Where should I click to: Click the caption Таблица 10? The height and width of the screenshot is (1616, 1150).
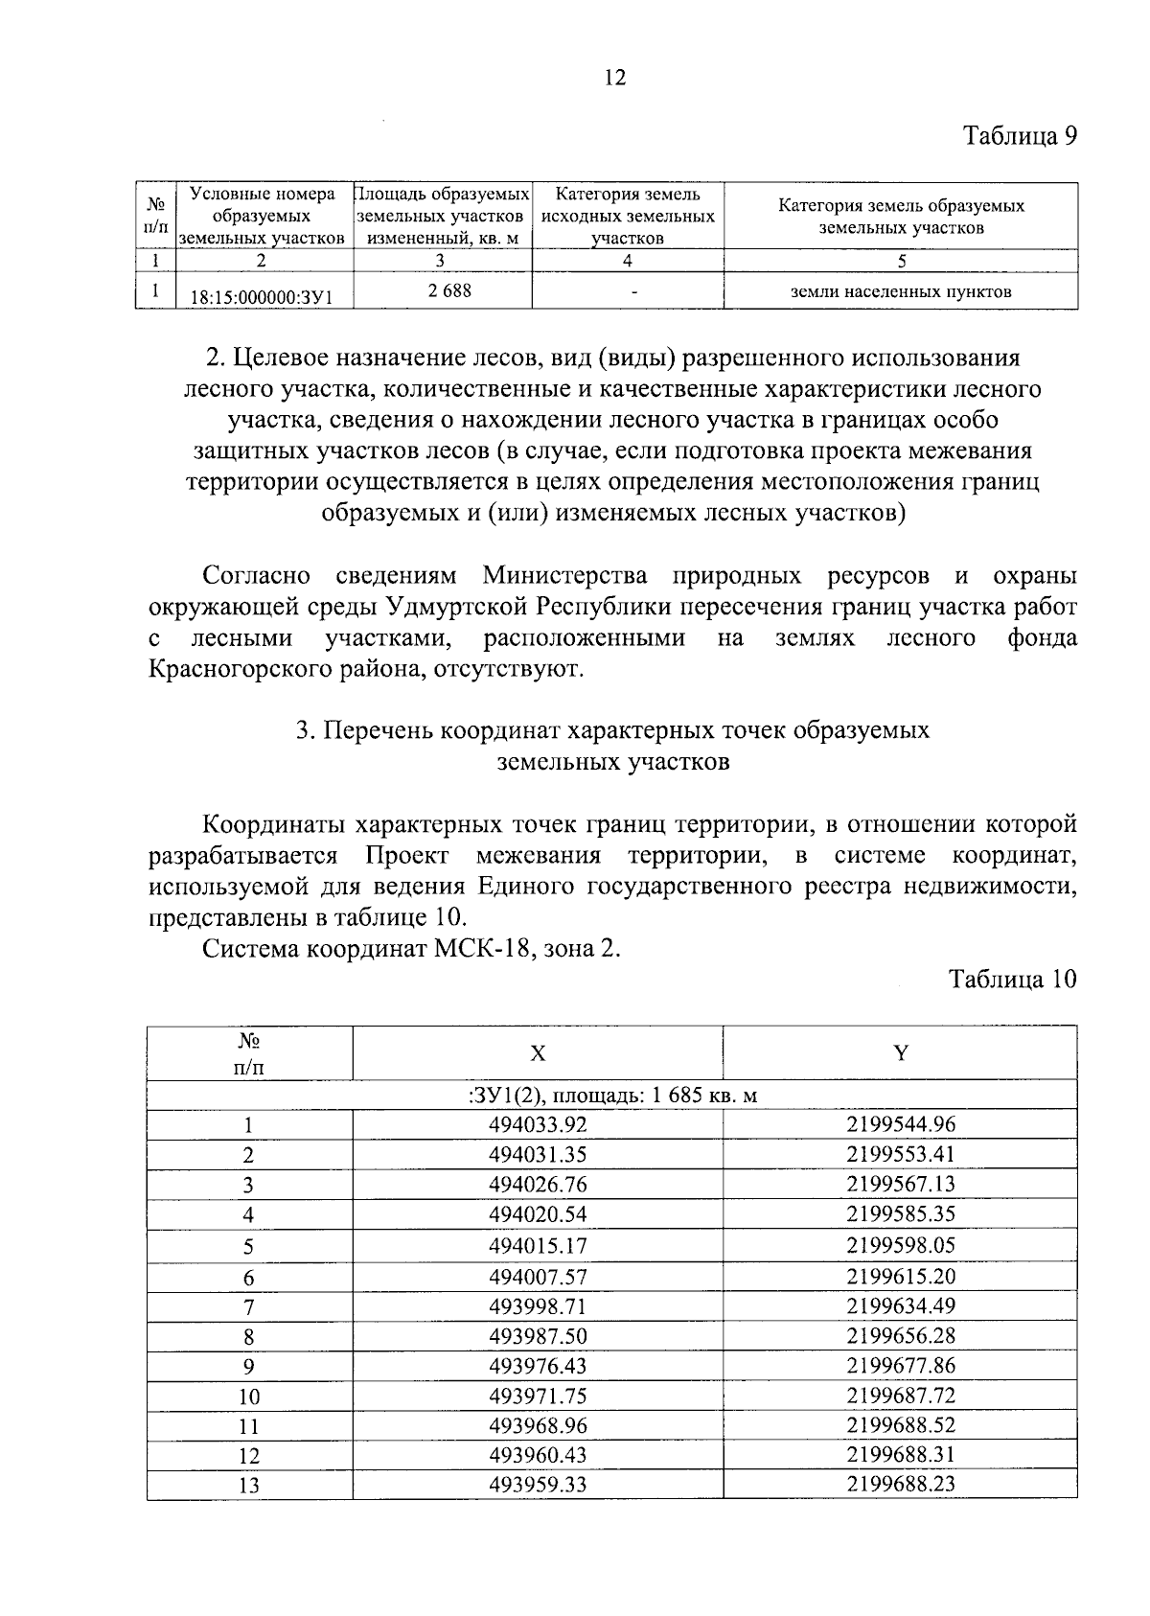pyautogui.click(x=1013, y=979)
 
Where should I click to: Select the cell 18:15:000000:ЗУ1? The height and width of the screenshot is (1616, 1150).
pyautogui.click(x=261, y=297)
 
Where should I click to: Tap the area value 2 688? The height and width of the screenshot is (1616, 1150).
pyautogui.click(x=449, y=289)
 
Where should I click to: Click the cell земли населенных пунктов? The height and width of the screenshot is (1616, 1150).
pyautogui.click(x=900, y=291)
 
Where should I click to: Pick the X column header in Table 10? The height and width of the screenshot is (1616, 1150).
pyautogui.click(x=539, y=1053)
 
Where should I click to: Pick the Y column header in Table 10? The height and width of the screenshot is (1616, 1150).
pyautogui.click(x=901, y=1052)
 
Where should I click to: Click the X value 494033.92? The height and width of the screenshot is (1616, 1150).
pyautogui.click(x=538, y=1124)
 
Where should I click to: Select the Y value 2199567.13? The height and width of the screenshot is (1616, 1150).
pyautogui.click(x=901, y=1184)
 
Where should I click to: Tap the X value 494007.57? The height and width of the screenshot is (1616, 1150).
pyautogui.click(x=538, y=1276)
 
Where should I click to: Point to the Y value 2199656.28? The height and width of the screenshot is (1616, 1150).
pyautogui.click(x=901, y=1335)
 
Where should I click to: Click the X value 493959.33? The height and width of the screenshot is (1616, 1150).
pyautogui.click(x=538, y=1485)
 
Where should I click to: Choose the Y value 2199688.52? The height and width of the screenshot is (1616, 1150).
pyautogui.click(x=901, y=1424)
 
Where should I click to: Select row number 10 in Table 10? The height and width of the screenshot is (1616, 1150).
pyautogui.click(x=249, y=1397)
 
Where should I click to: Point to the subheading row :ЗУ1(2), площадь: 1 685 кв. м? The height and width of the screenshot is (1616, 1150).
pyautogui.click(x=613, y=1095)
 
